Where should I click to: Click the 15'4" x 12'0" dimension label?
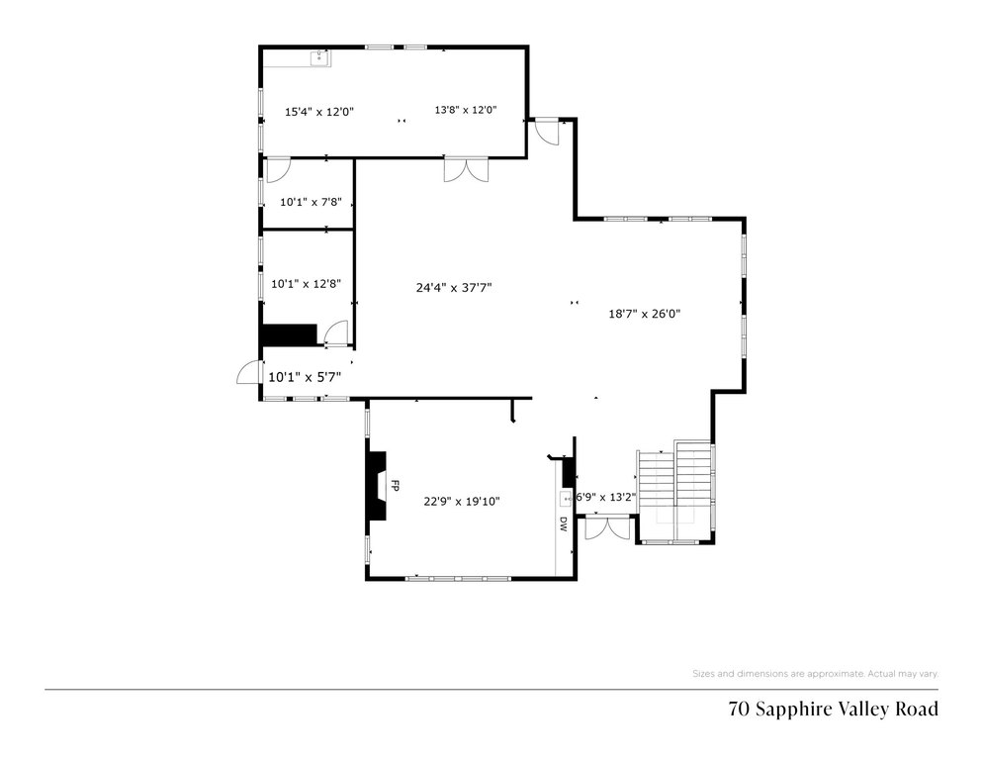tap(319, 112)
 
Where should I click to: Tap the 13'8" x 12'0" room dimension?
tap(466, 109)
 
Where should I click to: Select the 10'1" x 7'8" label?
tap(311, 202)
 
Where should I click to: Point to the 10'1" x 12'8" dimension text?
tap(306, 283)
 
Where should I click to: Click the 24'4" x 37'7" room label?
tap(454, 287)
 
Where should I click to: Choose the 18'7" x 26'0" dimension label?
tap(645, 313)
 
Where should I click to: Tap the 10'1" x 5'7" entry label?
tap(305, 377)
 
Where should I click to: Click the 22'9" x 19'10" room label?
tap(462, 501)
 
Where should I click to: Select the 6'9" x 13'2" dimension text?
tap(605, 497)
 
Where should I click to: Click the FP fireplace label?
tap(395, 485)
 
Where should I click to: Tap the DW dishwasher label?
tap(563, 524)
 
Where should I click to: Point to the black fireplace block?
tap(377, 485)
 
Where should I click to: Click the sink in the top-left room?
tap(320, 58)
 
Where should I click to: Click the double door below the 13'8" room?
tap(466, 169)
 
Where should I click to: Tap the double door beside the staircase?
tap(607, 526)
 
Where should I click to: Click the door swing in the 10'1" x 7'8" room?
tap(278, 170)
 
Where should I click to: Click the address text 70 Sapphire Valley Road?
tap(833, 710)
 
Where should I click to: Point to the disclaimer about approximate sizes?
tap(815, 673)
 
